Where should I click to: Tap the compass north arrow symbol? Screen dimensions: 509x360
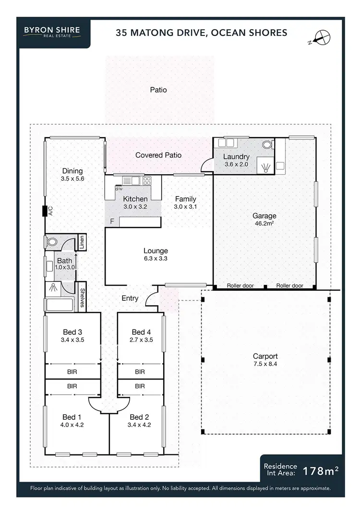click(x=320, y=37)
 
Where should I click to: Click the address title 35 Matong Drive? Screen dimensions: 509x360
click(x=202, y=33)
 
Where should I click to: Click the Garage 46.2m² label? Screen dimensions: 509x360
click(x=264, y=219)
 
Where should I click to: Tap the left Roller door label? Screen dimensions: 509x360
click(x=241, y=286)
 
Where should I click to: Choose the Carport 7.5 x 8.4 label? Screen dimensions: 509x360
click(x=265, y=360)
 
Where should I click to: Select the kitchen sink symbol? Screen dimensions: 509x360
click(x=131, y=181)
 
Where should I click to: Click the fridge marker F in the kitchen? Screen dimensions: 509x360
click(x=112, y=222)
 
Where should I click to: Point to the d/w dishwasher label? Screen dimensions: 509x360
click(x=119, y=189)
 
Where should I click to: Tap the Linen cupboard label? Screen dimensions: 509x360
click(x=83, y=243)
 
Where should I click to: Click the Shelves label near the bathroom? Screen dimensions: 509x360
click(x=83, y=296)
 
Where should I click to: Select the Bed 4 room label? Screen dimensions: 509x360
click(x=141, y=332)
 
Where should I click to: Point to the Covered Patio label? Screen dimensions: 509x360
click(x=158, y=155)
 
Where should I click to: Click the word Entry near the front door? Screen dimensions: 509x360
click(x=130, y=298)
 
